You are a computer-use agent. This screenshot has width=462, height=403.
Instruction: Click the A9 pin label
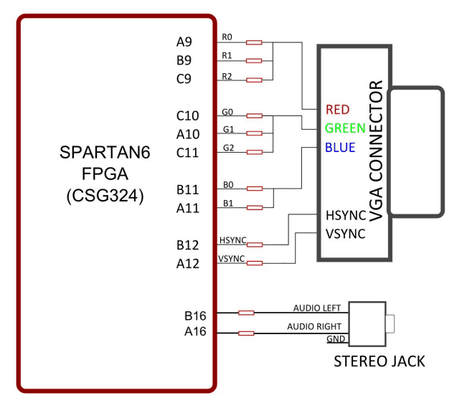(x=186, y=42)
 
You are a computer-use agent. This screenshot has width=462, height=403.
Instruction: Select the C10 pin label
(x=188, y=115)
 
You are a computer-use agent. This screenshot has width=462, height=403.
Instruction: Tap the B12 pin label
(x=188, y=245)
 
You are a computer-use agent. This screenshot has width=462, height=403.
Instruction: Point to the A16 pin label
(x=194, y=332)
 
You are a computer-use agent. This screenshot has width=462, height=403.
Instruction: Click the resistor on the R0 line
(x=253, y=42)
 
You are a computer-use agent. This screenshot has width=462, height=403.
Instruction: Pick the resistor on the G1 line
(x=253, y=133)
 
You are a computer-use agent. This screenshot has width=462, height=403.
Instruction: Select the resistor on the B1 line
(x=253, y=208)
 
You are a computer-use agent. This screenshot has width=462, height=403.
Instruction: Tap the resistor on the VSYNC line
(x=253, y=264)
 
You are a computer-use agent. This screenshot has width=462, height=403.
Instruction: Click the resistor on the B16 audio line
(x=245, y=313)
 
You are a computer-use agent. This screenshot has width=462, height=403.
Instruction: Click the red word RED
(x=338, y=110)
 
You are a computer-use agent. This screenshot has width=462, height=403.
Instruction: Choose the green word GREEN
(x=345, y=129)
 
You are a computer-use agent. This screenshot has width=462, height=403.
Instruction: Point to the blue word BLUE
(x=340, y=148)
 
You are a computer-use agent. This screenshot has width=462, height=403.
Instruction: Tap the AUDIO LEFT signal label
(x=317, y=308)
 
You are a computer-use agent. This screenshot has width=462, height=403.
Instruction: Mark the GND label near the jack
(x=335, y=338)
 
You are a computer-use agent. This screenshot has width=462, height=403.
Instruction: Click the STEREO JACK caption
(x=379, y=361)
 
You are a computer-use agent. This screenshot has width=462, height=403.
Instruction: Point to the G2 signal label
(x=229, y=148)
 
